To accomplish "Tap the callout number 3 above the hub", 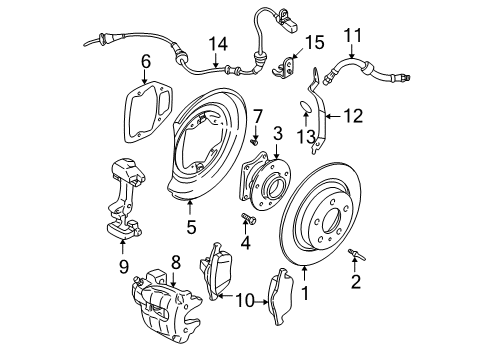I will click(x=277, y=133).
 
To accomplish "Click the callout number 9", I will click(x=123, y=267).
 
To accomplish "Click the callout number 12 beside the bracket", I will click(x=354, y=117).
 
